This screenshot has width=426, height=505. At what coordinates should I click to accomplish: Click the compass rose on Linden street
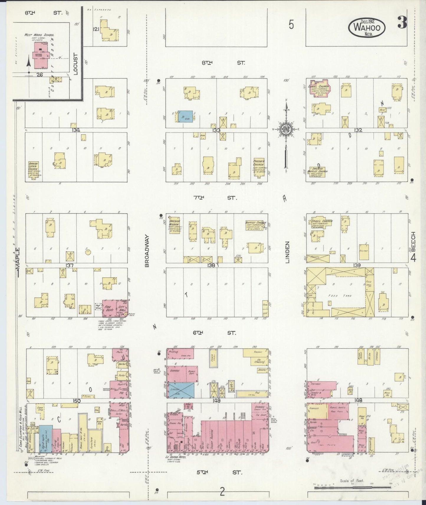[285, 130]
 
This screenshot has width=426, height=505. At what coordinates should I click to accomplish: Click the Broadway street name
[147, 251]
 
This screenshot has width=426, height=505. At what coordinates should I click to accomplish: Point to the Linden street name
[287, 252]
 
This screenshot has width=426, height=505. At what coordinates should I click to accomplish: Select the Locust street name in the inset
[75, 64]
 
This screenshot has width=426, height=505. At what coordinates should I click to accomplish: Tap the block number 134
[76, 130]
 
